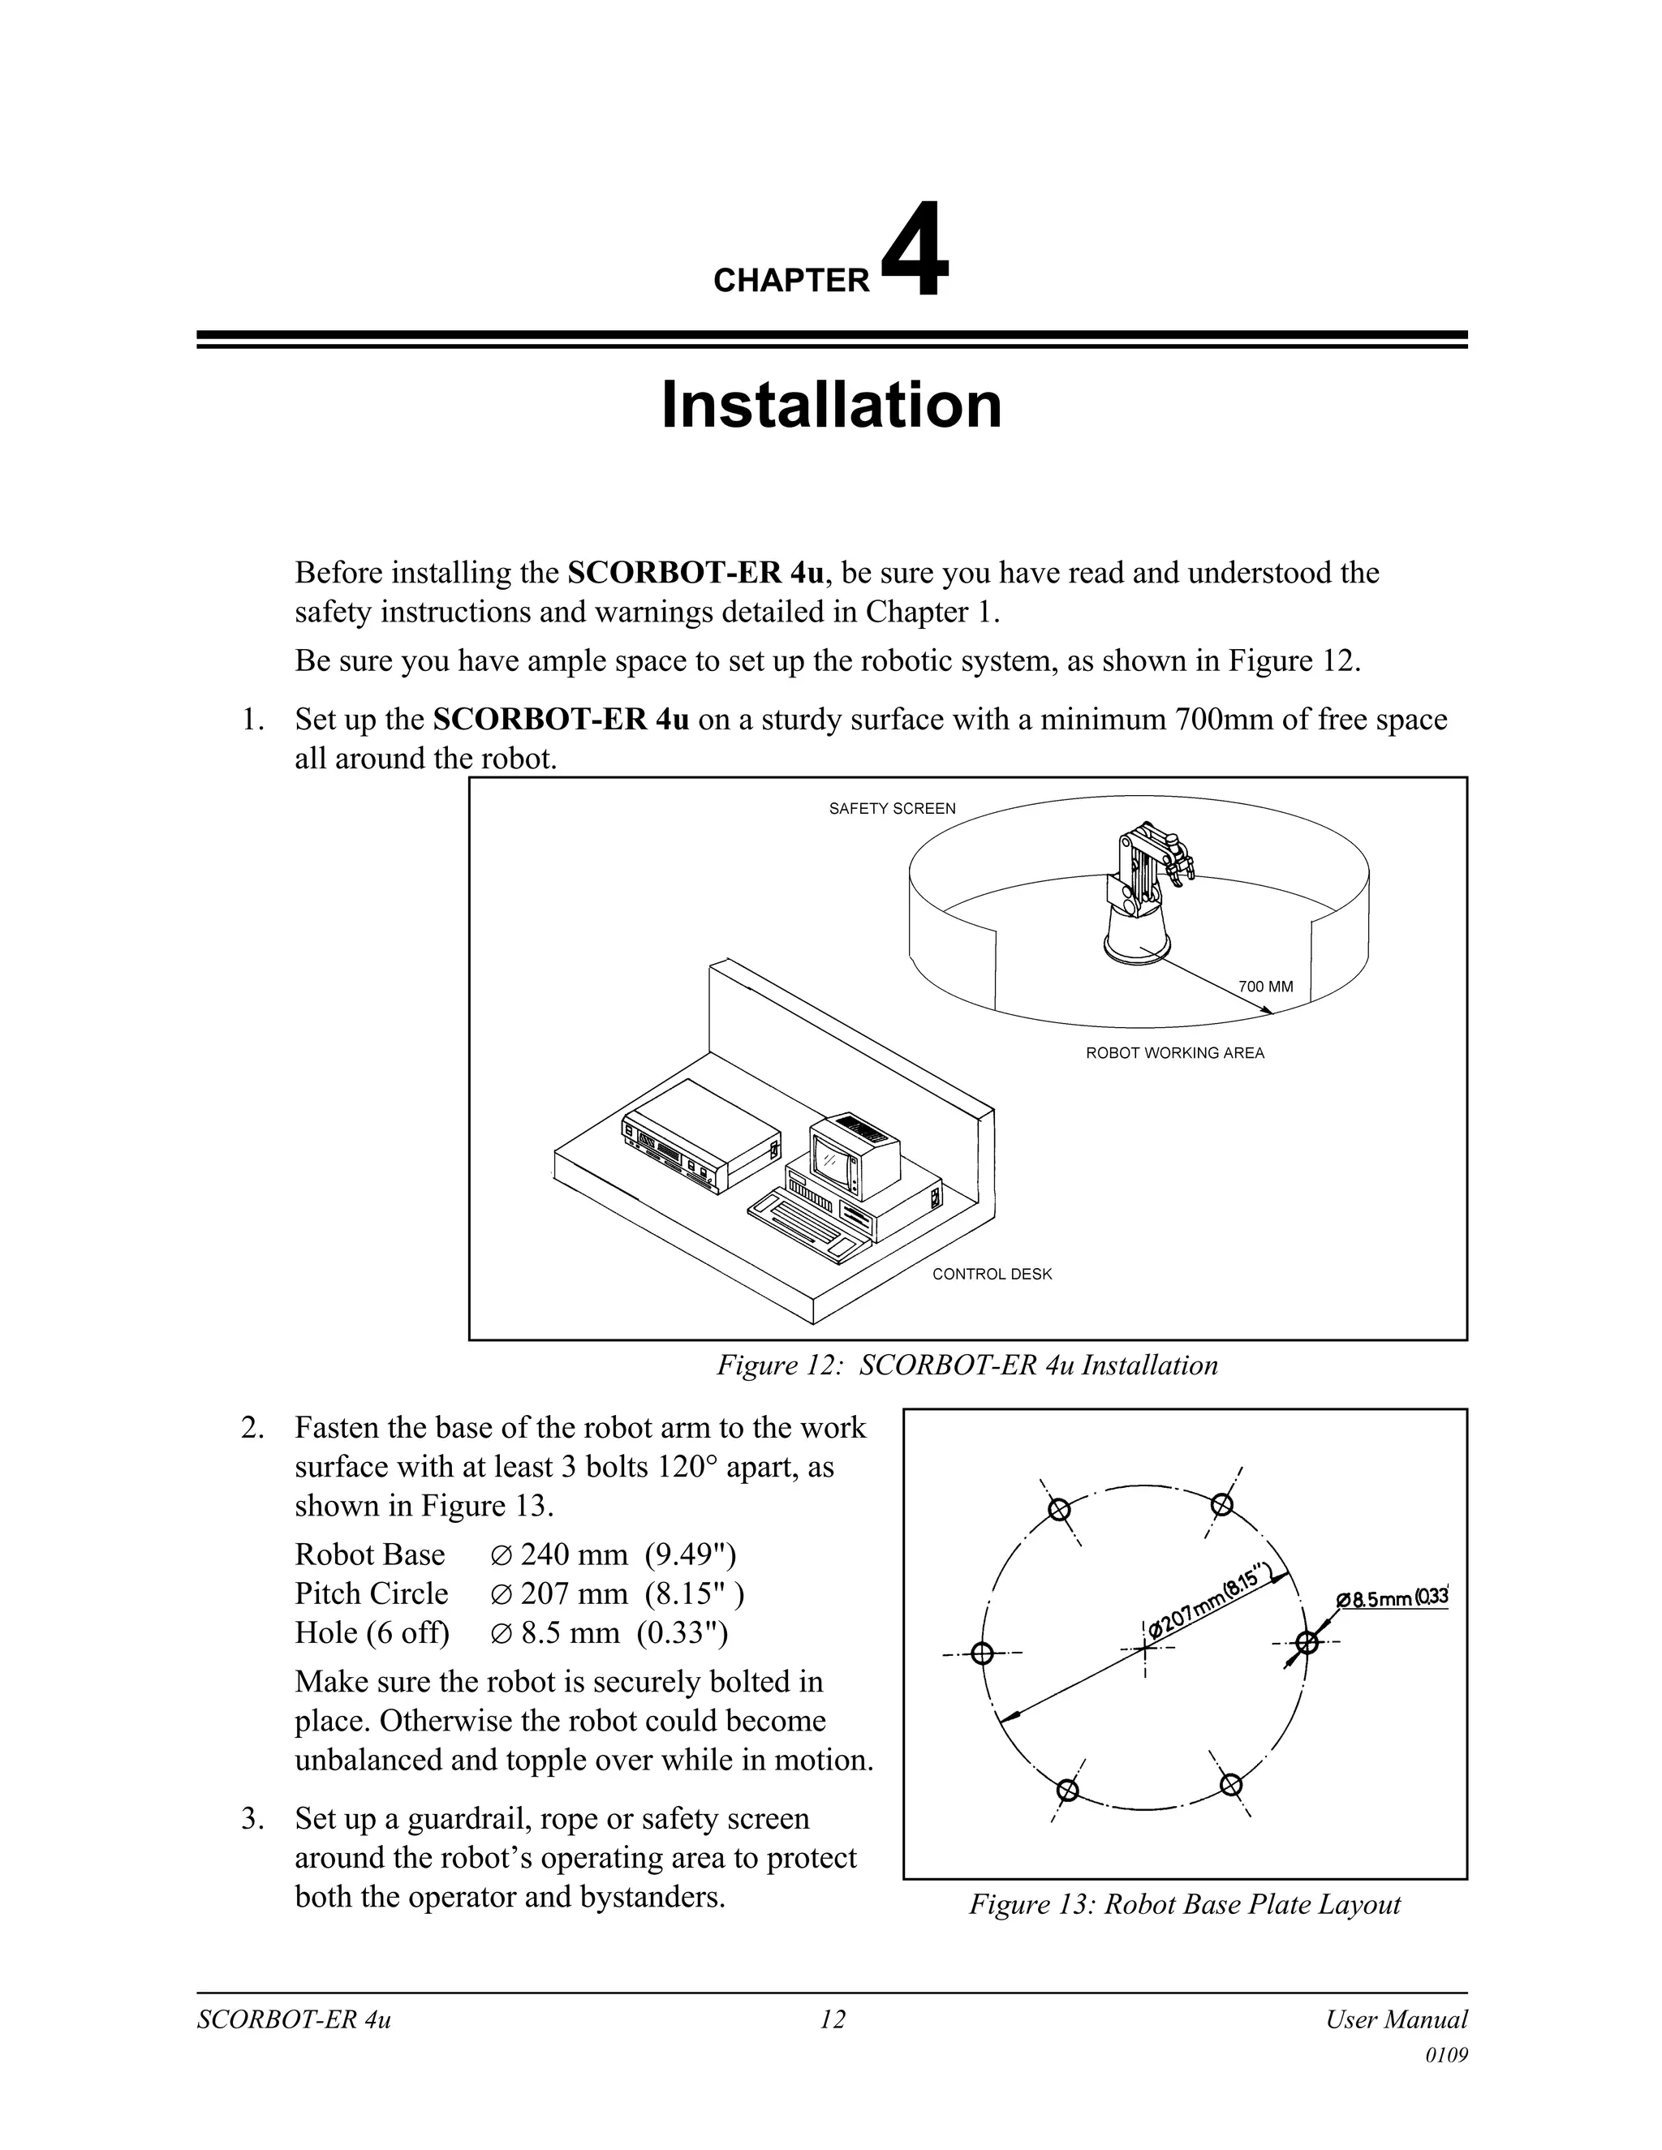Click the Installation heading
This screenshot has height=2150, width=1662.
click(x=831, y=405)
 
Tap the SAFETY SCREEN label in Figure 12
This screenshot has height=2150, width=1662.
click(x=891, y=808)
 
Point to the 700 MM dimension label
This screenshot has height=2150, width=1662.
click(x=1265, y=987)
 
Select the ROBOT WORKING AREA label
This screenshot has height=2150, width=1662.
click(x=1174, y=1052)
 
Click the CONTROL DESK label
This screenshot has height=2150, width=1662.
click(x=992, y=1274)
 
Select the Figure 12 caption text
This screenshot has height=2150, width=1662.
click(x=967, y=1365)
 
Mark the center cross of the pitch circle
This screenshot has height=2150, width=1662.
click(x=1144, y=1647)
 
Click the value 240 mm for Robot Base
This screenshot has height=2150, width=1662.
click(x=574, y=1554)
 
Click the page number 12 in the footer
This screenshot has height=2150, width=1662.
click(x=832, y=2020)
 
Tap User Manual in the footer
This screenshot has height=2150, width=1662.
click(x=1395, y=2020)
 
